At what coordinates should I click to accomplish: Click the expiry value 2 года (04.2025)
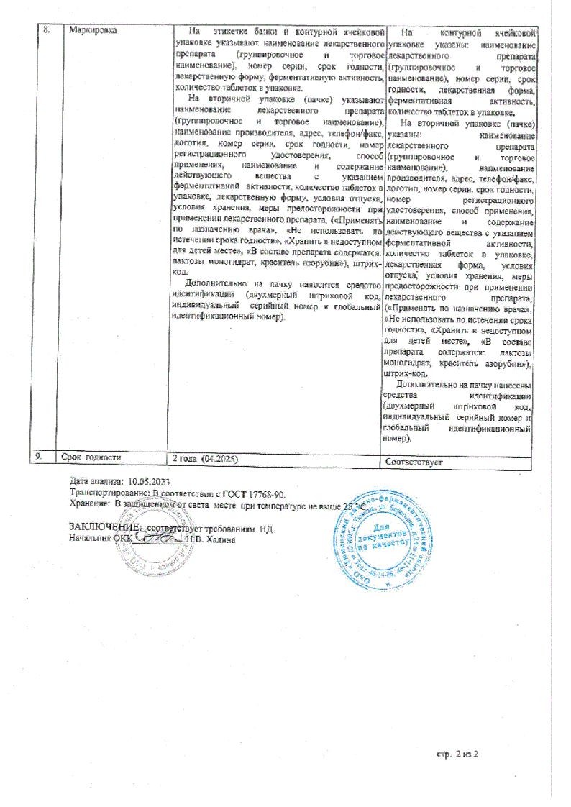coord(204,458)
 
